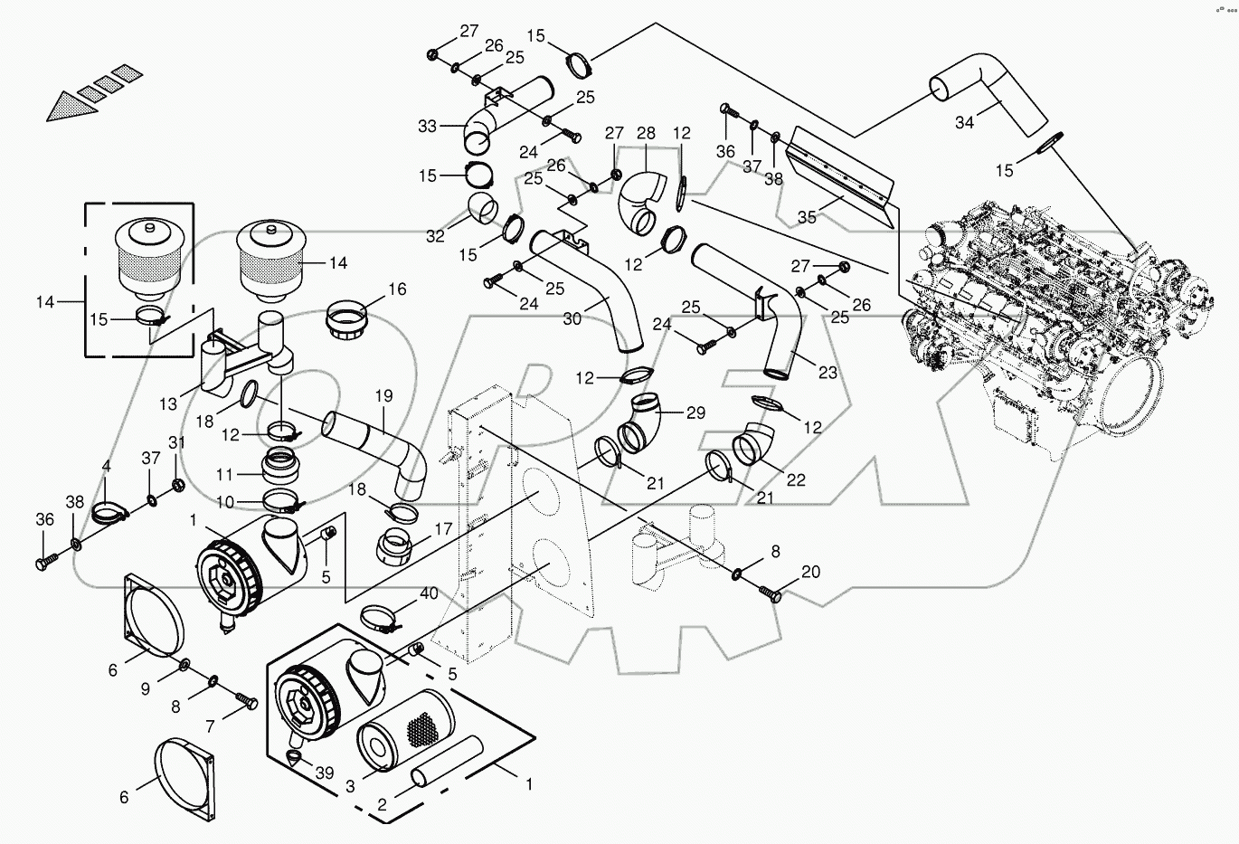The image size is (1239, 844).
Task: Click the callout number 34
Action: [x=965, y=123]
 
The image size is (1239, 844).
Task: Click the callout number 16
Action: [x=397, y=289]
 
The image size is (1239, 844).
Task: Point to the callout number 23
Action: [x=827, y=373]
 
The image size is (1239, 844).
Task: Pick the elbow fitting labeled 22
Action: [x=752, y=444]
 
